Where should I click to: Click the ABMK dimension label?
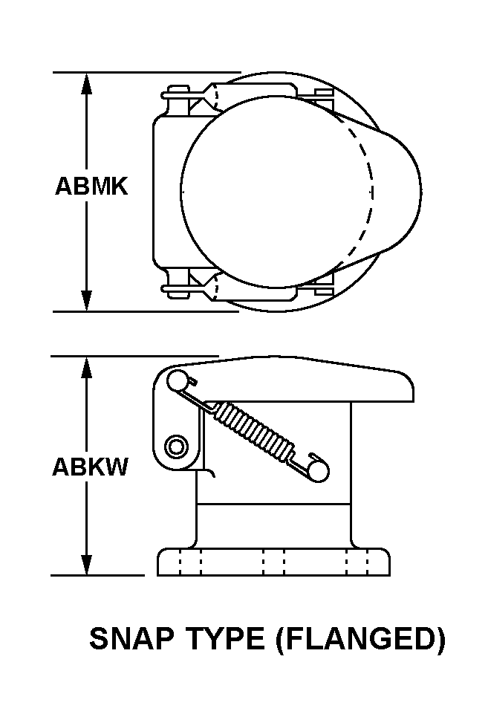point(91,186)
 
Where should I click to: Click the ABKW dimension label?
point(90,467)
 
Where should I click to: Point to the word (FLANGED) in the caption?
point(360,638)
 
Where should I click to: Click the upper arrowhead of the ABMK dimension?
point(88,83)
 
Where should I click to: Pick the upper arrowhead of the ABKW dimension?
point(88,367)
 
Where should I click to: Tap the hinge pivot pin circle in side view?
point(176,447)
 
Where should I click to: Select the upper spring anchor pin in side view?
point(177,380)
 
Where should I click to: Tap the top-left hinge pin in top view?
point(177,93)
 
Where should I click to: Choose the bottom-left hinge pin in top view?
point(177,290)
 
